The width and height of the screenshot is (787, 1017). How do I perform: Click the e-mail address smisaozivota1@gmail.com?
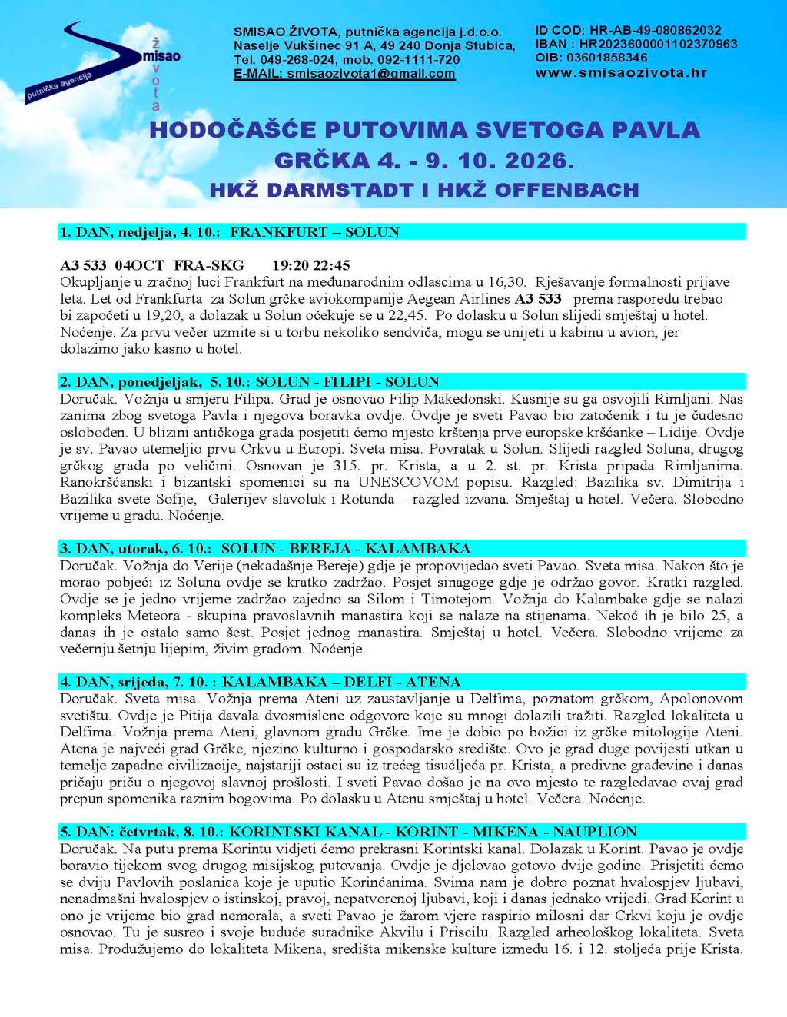(x=370, y=74)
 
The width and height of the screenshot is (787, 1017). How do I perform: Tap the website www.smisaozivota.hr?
(x=621, y=73)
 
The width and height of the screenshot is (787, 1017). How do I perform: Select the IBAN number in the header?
(x=658, y=44)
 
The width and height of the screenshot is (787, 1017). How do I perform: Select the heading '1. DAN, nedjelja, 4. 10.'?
(x=141, y=232)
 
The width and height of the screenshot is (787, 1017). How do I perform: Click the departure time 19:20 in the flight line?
(x=290, y=265)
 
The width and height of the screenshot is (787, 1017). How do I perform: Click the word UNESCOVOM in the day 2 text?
(x=408, y=482)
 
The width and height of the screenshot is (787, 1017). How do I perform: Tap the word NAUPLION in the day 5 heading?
(x=595, y=832)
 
